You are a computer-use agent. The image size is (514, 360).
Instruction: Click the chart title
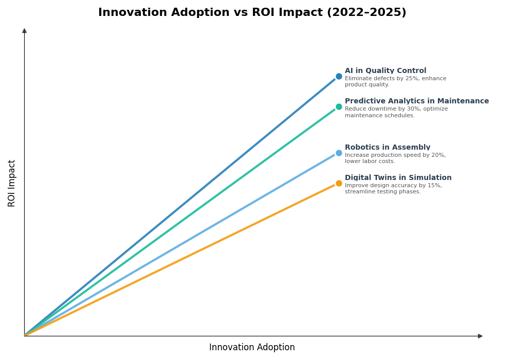click(252, 13)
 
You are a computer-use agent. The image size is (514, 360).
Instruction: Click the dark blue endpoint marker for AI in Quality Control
click(339, 77)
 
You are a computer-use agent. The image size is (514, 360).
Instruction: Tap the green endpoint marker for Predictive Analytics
click(339, 107)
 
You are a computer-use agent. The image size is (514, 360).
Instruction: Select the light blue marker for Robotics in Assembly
click(339, 153)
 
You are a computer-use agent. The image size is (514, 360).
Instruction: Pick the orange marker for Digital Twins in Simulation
click(339, 184)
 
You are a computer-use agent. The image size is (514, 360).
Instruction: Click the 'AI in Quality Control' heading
click(385, 71)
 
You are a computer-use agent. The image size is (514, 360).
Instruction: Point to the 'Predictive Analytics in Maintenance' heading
click(416, 101)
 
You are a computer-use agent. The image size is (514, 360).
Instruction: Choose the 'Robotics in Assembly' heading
click(388, 148)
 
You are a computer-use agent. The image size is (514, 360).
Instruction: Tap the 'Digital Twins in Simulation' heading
click(398, 178)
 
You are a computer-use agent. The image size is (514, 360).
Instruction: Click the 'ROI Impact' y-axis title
click(12, 183)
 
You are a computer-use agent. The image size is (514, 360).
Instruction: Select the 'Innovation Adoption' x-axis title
click(252, 348)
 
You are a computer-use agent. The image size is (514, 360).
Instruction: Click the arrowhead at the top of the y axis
click(24, 31)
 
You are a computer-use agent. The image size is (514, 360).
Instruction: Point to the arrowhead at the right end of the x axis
click(480, 336)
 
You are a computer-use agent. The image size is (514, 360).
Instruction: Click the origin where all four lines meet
click(25, 335)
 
